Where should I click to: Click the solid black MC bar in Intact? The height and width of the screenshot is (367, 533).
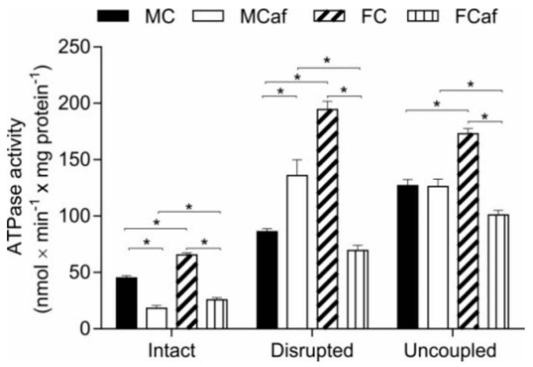pos(126,303)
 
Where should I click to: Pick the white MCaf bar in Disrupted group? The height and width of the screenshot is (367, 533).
pos(297,252)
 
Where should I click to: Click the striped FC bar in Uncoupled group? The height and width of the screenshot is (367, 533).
pos(468,231)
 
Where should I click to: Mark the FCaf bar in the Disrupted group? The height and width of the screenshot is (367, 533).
pos(358,289)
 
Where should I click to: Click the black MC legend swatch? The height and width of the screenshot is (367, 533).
pos(113,16)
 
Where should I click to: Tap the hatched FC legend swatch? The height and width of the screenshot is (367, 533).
pos(329,16)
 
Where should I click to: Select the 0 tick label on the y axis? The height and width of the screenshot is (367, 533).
pos(84,328)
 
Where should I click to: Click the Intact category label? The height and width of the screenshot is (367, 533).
pos(171,351)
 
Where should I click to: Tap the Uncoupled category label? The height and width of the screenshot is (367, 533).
pos(450,351)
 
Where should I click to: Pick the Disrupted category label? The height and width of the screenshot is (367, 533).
pos(312,351)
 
